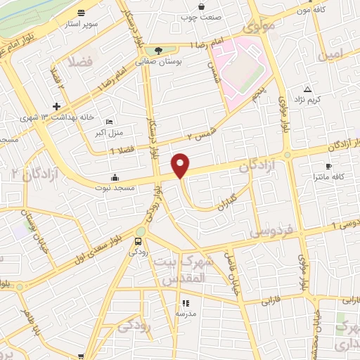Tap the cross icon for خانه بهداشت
(x=66, y=105)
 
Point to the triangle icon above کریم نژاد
(x=308, y=89)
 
